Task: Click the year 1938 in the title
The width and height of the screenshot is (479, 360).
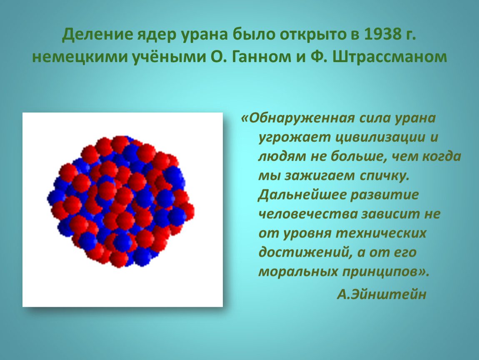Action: point(383,34)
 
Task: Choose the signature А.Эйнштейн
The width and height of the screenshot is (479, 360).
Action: point(382,294)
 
